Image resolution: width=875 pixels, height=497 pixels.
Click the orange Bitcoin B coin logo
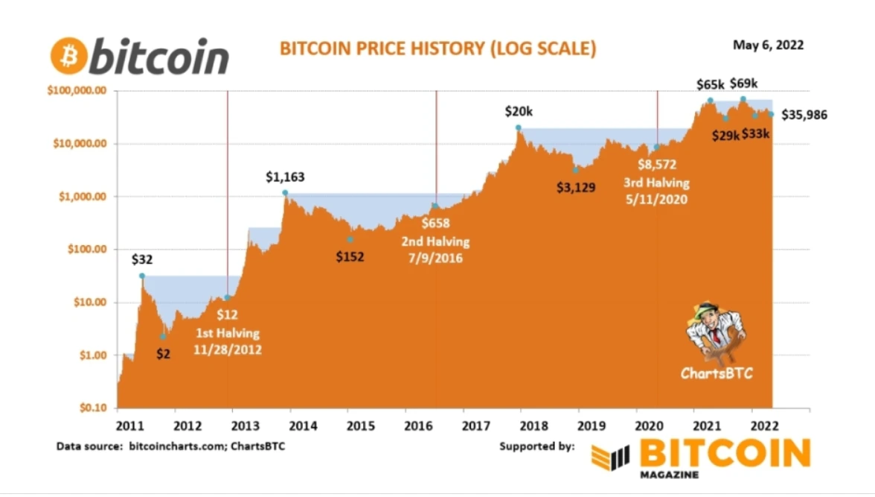click(68, 57)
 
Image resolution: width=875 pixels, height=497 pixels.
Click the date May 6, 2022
click(768, 45)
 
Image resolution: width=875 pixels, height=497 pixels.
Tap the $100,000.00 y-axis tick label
click(77, 90)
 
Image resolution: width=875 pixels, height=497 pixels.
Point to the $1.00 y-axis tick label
click(93, 355)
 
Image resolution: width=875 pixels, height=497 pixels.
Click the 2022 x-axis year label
click(764, 425)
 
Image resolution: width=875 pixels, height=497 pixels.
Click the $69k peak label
click(743, 83)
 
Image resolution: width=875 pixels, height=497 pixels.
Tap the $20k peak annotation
click(519, 112)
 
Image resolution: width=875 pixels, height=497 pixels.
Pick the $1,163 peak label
click(285, 177)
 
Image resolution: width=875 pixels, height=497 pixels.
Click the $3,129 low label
click(575, 187)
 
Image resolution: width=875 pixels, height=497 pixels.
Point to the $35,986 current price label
click(804, 115)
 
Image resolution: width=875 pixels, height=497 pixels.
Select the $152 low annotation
click(349, 258)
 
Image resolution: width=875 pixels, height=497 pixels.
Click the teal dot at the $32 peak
click(142, 276)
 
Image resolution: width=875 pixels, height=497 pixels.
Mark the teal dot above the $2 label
click(163, 337)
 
